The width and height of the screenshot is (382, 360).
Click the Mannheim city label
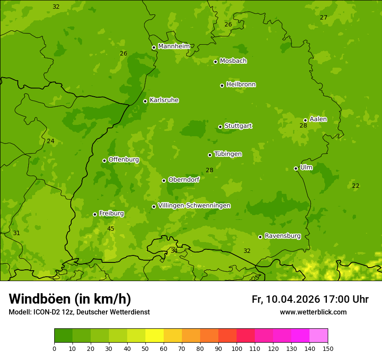click(174, 46)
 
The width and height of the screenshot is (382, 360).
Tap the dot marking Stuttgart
click(220, 127)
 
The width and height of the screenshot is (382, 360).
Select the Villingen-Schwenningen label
click(194, 206)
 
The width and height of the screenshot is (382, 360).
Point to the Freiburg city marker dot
click(95, 214)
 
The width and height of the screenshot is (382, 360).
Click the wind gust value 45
click(111, 229)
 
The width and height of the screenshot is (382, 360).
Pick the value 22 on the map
click(356, 186)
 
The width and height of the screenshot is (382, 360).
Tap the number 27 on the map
click(323, 17)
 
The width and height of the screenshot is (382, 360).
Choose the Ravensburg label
click(283, 236)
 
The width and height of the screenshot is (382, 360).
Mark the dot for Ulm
click(296, 168)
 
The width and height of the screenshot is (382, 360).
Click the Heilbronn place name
click(241, 85)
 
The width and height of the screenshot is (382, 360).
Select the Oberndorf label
click(184, 180)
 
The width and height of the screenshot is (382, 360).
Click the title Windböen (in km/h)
click(70, 299)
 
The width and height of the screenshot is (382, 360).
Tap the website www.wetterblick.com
click(313, 312)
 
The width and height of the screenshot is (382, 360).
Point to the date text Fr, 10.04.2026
click(286, 299)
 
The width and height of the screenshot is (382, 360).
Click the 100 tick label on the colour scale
click(237, 348)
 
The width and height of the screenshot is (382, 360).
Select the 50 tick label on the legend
click(145, 348)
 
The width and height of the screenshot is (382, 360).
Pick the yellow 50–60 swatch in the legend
click(155, 336)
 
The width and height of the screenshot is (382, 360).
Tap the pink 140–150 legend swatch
click(319, 336)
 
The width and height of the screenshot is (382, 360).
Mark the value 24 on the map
click(51, 141)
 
